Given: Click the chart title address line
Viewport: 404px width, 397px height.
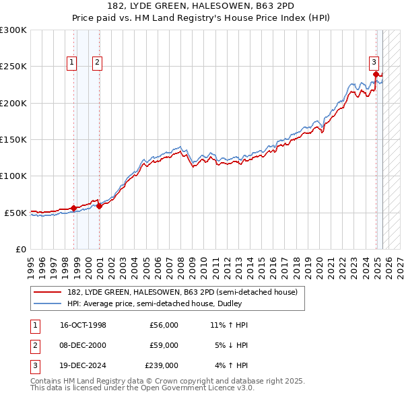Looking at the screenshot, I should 201,6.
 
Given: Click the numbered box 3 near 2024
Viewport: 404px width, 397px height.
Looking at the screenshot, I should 374,61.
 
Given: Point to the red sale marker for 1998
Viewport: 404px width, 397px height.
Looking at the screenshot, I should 73,208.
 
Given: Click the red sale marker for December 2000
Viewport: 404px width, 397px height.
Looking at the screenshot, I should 99,206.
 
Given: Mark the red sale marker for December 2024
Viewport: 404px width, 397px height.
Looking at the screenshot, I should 376,74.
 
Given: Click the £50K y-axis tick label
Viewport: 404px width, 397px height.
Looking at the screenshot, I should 15,213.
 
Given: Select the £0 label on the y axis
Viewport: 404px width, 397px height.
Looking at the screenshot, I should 20,249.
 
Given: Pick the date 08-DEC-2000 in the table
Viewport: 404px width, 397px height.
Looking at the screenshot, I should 83,345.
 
